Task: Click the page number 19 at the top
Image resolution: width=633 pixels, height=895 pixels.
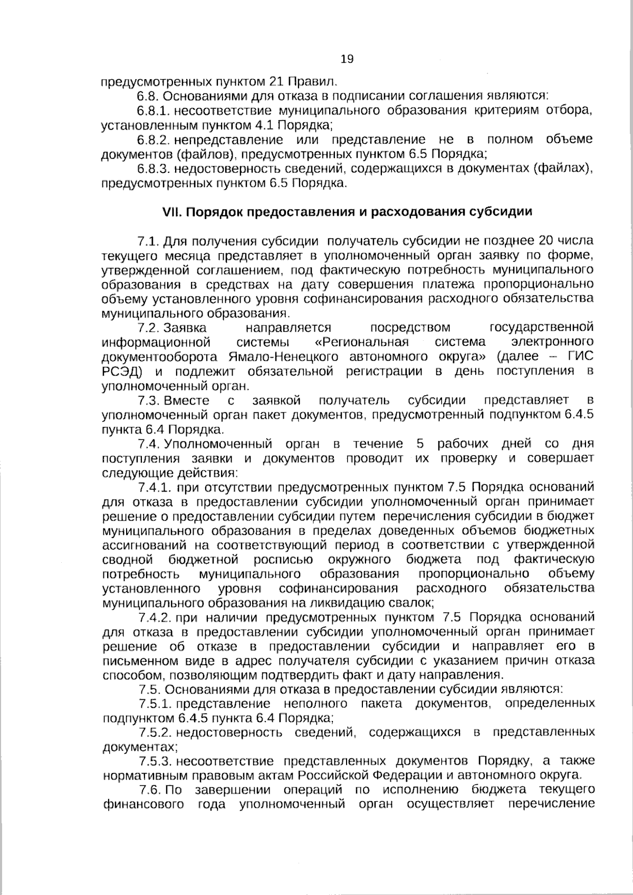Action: (347, 59)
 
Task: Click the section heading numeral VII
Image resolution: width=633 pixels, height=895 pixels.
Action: (171, 211)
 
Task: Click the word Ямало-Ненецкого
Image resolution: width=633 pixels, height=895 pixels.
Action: (286, 356)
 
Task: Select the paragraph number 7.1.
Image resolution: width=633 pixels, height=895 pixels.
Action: (148, 241)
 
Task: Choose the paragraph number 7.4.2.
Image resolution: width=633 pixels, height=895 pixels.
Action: (154, 617)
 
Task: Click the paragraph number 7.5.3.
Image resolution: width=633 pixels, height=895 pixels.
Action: (155, 761)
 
